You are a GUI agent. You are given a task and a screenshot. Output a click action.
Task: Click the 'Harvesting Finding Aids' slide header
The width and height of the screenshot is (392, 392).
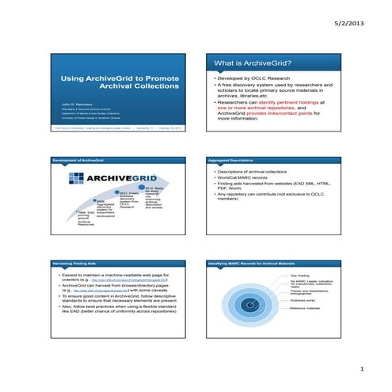click(79, 261)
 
